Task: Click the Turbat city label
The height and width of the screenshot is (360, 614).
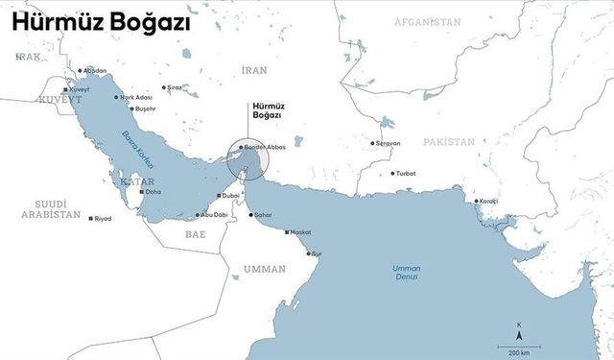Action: click(405, 174)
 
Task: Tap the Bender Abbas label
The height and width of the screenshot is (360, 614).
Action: click(267, 146)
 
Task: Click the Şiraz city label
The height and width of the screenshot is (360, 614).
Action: click(174, 87)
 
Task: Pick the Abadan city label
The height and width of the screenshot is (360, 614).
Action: click(94, 70)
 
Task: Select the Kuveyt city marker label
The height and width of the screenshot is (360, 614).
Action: click(78, 89)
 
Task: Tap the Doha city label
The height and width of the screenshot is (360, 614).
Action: click(153, 192)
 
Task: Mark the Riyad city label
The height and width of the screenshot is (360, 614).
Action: click(103, 219)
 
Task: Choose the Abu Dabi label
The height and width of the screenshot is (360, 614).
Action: click(213, 215)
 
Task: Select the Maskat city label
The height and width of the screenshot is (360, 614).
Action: click(300, 232)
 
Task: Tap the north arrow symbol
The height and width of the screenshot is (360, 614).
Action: click(519, 333)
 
